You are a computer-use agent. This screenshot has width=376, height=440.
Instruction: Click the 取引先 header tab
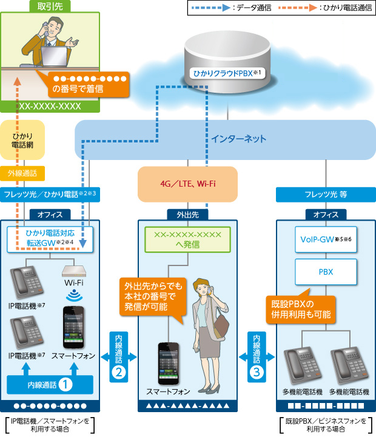pyautogui.click(x=49, y=7)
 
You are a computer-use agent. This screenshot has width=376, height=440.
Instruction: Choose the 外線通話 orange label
pyautogui.click(x=22, y=173)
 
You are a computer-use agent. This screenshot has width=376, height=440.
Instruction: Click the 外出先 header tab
pyautogui.click(x=187, y=214)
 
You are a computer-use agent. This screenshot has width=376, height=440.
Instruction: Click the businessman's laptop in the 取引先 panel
pyautogui.click(x=56, y=56)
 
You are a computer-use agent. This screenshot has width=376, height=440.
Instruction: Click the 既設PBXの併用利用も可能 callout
pyautogui.click(x=301, y=308)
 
